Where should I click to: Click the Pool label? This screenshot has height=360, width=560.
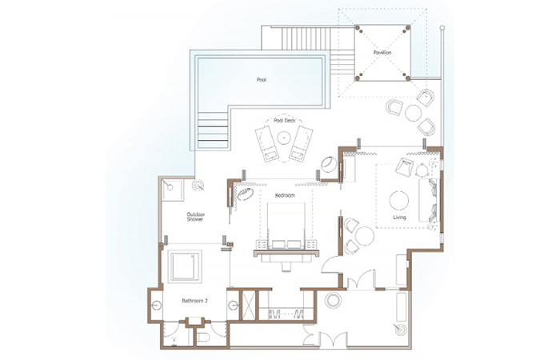(262, 80)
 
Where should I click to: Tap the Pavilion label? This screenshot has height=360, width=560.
(382, 53)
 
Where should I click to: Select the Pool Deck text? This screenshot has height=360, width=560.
(285, 121)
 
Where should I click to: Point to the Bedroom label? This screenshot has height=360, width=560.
(285, 195)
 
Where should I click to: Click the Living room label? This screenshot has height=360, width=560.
(399, 217)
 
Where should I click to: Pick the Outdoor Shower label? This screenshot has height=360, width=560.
(196, 217)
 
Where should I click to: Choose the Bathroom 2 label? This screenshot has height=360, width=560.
(194, 301)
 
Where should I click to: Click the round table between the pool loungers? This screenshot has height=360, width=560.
(284, 138)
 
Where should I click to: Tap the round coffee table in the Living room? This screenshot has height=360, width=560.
(399, 200)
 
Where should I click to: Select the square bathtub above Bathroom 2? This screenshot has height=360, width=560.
(185, 266)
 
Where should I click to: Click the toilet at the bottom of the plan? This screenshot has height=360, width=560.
(203, 338)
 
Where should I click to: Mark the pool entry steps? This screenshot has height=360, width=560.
(212, 130)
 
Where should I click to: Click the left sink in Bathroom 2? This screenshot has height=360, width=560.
(156, 306)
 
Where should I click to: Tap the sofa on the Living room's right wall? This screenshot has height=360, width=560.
(428, 200)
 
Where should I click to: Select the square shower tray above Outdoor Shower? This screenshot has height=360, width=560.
(172, 190)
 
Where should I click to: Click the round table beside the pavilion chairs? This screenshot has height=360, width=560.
(414, 113)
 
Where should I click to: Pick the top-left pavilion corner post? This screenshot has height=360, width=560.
(357, 28)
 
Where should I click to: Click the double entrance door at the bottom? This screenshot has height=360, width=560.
(334, 340)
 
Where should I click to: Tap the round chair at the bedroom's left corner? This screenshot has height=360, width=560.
(245, 194)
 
